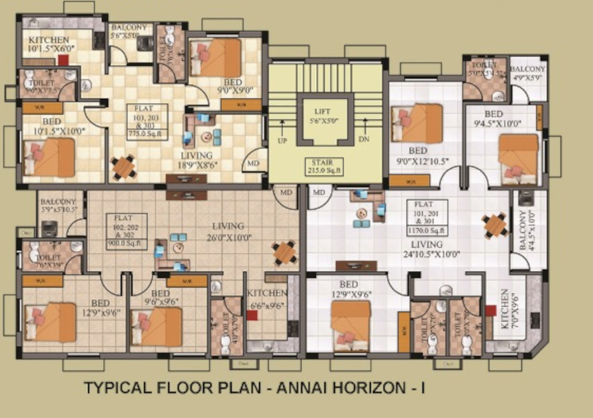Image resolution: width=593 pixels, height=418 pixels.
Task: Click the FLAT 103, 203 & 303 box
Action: tap(147, 122)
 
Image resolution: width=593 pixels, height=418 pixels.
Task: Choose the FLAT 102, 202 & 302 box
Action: tap(127, 229)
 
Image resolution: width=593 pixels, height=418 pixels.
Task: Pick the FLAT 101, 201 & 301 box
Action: tap(427, 218)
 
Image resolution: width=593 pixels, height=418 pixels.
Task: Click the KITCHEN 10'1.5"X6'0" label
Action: tap(49, 44)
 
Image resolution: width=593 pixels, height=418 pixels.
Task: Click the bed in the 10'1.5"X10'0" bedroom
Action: tap(50, 157)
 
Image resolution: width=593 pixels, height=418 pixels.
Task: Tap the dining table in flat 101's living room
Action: tap(495, 225)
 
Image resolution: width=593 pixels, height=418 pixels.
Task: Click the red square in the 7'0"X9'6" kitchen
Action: tap(490, 310)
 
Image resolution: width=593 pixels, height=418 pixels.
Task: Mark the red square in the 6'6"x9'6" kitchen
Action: tap(253, 315)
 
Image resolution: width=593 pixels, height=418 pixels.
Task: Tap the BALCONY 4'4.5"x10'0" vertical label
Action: tap(525, 232)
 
